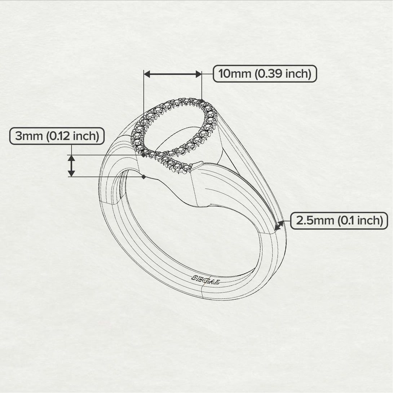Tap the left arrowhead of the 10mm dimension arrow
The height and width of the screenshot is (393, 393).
[147, 74]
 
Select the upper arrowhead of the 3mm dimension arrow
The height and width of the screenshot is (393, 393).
[71, 158]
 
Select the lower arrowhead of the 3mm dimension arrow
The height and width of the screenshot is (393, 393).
[71, 173]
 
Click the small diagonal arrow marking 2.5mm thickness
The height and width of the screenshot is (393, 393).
[279, 226]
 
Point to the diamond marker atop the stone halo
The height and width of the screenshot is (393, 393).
[202, 101]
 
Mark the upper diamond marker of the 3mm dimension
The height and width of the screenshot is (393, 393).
[143, 155]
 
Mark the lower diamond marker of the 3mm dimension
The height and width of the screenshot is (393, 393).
[143, 177]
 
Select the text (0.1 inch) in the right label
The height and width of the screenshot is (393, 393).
[360, 221]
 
